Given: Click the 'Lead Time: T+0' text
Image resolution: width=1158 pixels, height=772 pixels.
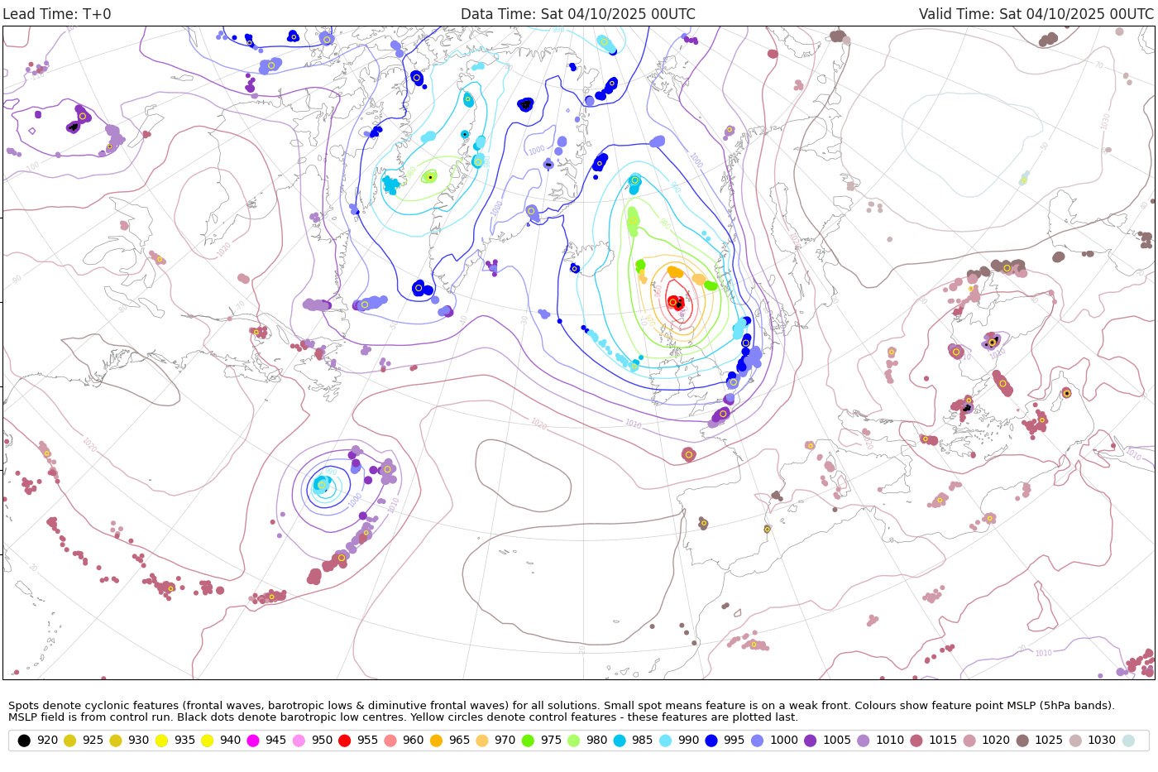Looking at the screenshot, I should (x=57, y=14).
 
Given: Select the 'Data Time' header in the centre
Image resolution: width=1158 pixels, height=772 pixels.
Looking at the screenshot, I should (x=577, y=14).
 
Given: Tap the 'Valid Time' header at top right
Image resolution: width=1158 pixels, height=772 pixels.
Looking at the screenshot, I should (x=1036, y=14).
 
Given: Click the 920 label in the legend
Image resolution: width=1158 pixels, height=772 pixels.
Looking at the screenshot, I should (x=47, y=740).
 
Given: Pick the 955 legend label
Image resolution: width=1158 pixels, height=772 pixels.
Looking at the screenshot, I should (x=367, y=740).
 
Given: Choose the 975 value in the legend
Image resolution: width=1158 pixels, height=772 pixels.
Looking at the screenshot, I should (x=550, y=740).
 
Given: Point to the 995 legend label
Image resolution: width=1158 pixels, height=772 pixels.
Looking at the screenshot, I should (x=734, y=740).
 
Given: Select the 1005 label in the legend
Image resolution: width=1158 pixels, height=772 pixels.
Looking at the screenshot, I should (x=836, y=740).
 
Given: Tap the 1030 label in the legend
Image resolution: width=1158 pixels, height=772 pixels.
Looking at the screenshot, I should (x=1102, y=740).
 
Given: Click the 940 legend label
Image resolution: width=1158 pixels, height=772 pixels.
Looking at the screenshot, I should (x=230, y=740).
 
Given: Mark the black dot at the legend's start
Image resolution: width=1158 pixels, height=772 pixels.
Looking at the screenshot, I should (x=24, y=740).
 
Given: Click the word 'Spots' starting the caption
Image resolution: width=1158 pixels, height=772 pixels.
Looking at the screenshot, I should (x=23, y=706).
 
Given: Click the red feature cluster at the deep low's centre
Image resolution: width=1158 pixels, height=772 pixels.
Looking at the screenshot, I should (x=677, y=303).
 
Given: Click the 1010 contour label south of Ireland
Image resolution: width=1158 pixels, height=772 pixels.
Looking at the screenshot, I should (x=632, y=424).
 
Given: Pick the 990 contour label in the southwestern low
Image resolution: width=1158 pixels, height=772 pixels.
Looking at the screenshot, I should (x=329, y=472).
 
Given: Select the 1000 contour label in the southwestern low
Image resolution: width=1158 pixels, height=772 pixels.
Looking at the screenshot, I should (x=355, y=501).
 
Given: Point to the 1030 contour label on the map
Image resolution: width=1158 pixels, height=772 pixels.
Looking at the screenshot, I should (x=1105, y=121).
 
